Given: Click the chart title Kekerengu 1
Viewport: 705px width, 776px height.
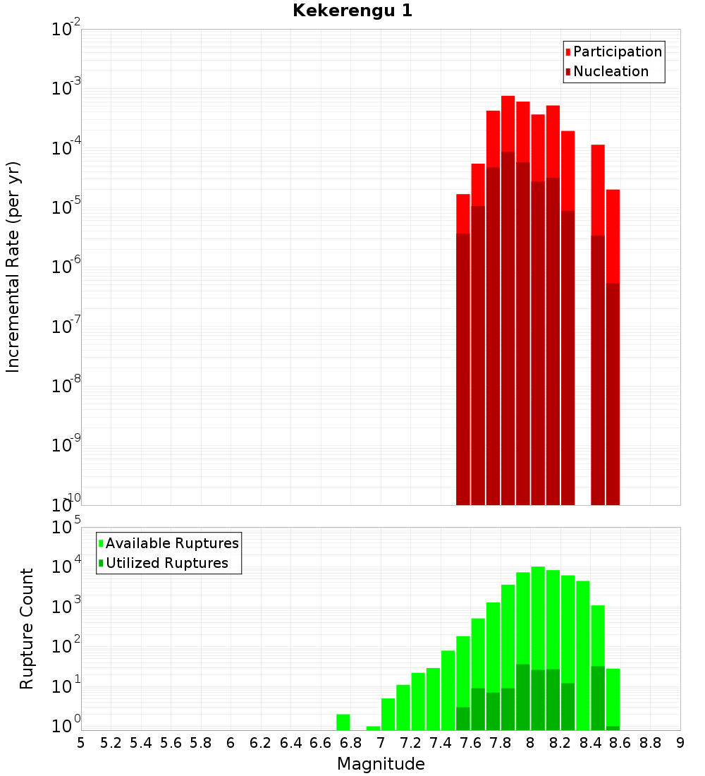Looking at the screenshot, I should click(x=352, y=11).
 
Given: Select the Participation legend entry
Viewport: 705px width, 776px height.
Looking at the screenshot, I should click(x=617, y=51).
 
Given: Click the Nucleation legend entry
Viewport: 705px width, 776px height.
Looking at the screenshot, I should click(x=611, y=71).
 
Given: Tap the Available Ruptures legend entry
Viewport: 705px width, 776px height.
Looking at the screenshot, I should click(x=171, y=543).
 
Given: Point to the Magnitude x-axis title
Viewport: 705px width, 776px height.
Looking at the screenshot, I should click(x=381, y=764).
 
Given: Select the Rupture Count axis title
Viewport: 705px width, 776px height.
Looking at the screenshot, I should click(x=27, y=629).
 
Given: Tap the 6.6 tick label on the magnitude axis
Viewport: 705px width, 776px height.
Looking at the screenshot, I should click(x=321, y=743).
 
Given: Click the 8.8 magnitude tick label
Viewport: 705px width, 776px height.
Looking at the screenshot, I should click(x=651, y=743).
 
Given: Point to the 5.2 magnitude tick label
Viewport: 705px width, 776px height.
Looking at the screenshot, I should click(x=111, y=743).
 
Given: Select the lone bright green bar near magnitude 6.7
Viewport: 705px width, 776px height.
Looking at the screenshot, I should click(x=343, y=722).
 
